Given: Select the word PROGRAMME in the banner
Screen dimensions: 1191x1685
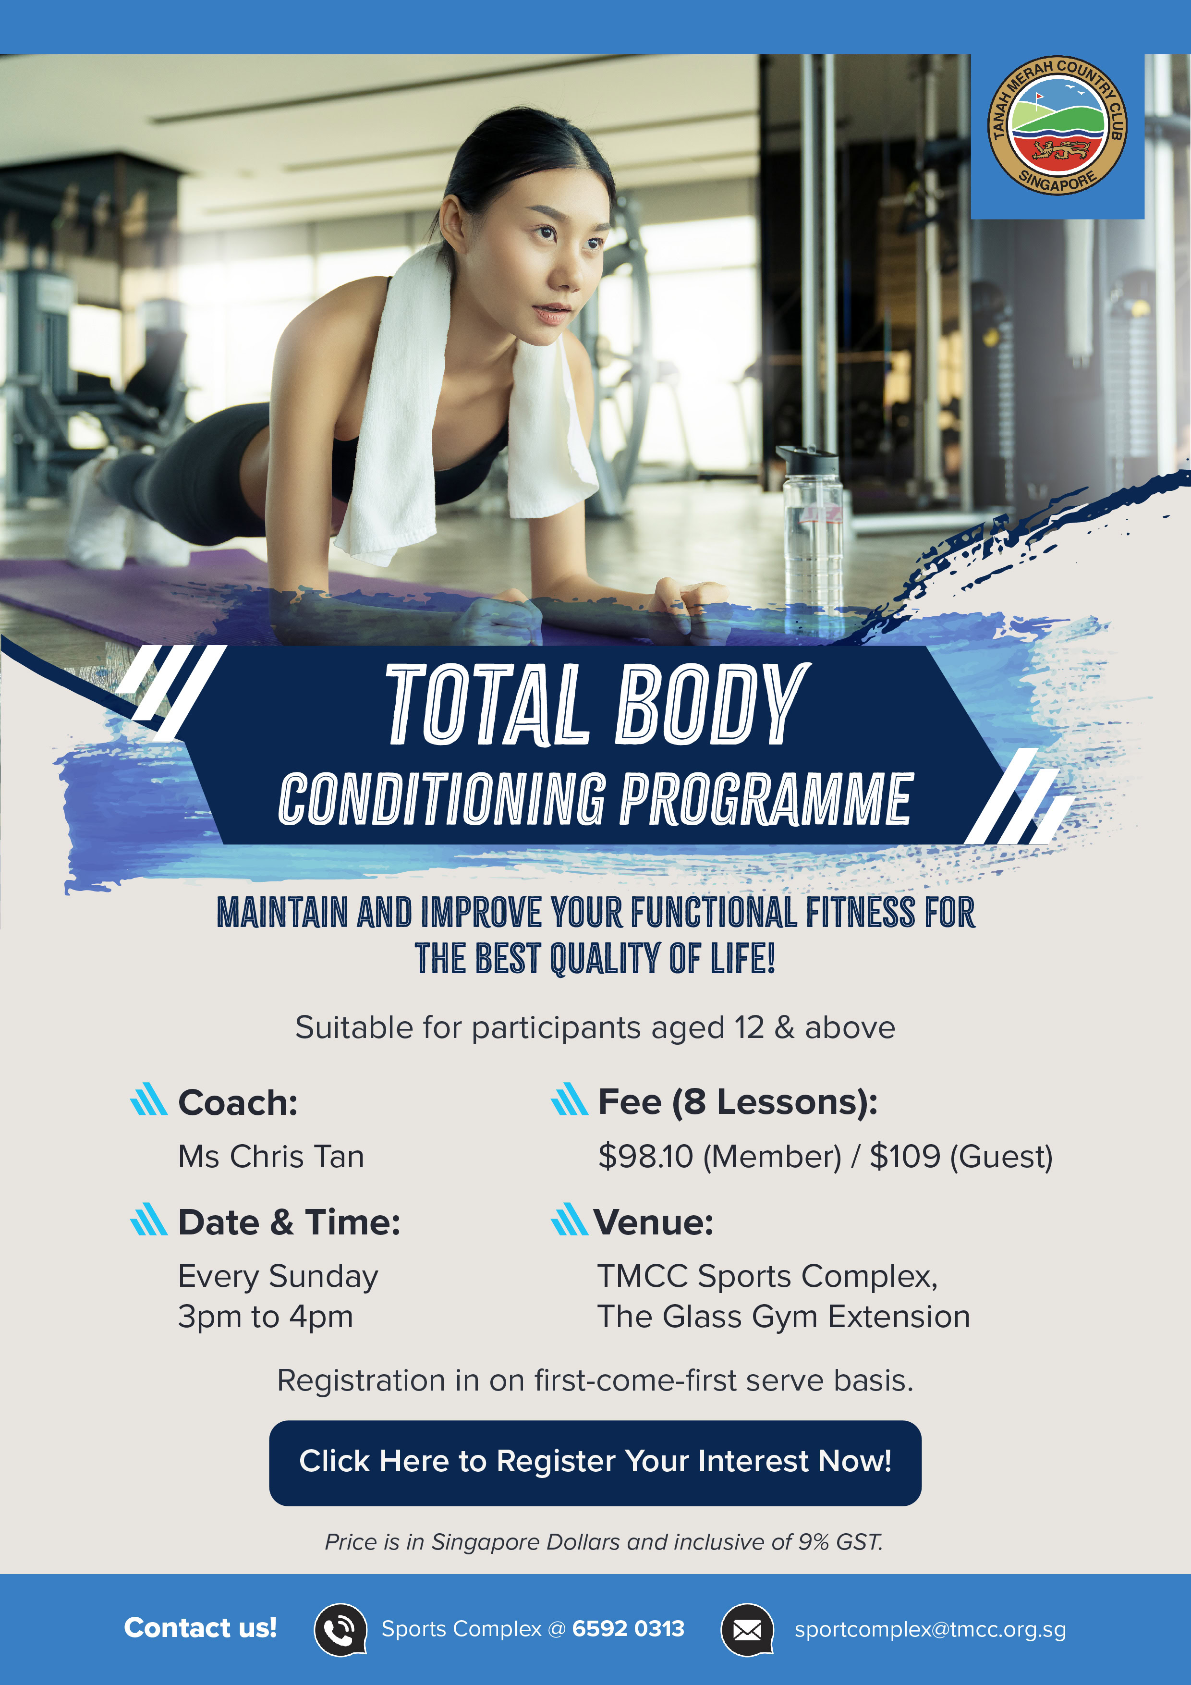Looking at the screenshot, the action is click(x=766, y=798).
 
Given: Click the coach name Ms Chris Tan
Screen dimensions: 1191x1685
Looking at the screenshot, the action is click(x=271, y=1157).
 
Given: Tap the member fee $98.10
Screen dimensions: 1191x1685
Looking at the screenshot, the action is click(x=646, y=1157).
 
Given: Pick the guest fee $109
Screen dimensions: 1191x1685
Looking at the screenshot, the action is click(x=905, y=1157).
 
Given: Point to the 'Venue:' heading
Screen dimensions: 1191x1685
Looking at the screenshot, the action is click(x=654, y=1222).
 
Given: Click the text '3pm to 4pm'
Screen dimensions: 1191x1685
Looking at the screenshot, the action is click(x=266, y=1317).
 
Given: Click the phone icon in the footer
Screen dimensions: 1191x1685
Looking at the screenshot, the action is click(x=340, y=1629).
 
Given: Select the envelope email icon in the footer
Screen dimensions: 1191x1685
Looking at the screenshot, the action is click(x=748, y=1629).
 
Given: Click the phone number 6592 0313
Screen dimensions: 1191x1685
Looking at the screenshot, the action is click(x=628, y=1628).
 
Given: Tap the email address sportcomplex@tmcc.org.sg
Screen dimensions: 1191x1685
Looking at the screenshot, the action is click(x=931, y=1629).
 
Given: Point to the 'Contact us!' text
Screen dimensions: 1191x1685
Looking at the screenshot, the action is click(x=200, y=1628).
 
